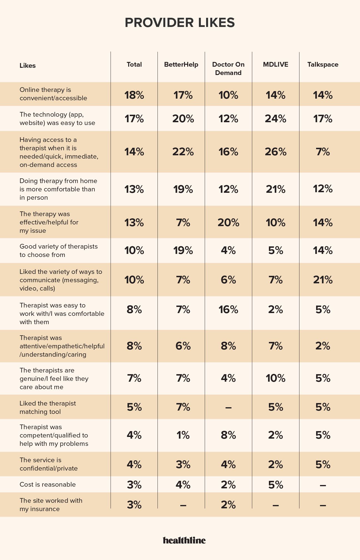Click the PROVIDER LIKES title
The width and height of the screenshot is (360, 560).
180,23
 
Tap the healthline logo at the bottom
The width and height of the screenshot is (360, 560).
184,540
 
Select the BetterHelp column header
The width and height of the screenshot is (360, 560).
181,65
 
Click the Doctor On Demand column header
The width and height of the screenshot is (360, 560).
228,69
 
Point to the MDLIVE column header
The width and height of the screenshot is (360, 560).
276,65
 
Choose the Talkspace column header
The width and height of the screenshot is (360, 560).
323,65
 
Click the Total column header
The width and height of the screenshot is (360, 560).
134,65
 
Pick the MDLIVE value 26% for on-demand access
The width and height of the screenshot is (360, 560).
276,152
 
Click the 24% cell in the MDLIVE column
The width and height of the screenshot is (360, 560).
276,119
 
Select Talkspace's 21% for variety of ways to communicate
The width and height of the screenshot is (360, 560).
323,280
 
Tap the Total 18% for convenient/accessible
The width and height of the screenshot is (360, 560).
134,95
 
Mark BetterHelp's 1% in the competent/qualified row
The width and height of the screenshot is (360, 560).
183,435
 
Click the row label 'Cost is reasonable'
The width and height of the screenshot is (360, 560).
48,485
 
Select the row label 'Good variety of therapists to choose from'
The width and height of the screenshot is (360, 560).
59,251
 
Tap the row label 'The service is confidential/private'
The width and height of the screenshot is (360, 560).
49,464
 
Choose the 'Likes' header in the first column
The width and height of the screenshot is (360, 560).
27,66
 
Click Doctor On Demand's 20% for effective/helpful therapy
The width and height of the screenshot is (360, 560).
228,222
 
